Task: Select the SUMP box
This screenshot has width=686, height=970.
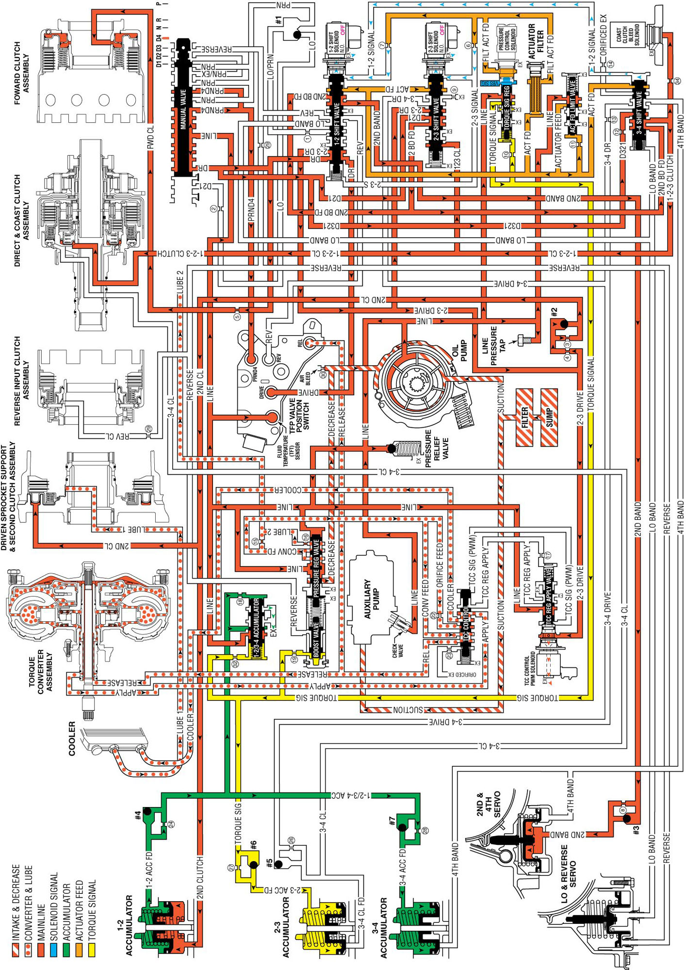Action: click(549, 417)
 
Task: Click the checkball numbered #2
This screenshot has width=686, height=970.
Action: click(563, 323)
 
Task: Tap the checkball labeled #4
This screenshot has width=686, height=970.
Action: click(147, 812)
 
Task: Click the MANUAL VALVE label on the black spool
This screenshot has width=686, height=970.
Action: click(183, 109)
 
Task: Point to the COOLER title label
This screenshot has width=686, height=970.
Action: click(71, 738)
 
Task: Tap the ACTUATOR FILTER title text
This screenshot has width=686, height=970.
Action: click(536, 42)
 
